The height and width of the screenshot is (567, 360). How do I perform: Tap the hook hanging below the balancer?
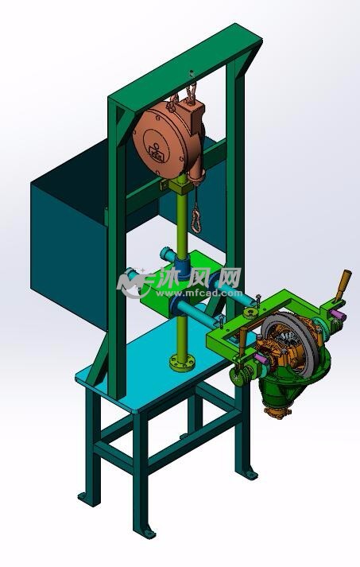[x=196, y=218]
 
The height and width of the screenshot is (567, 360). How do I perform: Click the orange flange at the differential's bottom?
[x=276, y=413]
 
